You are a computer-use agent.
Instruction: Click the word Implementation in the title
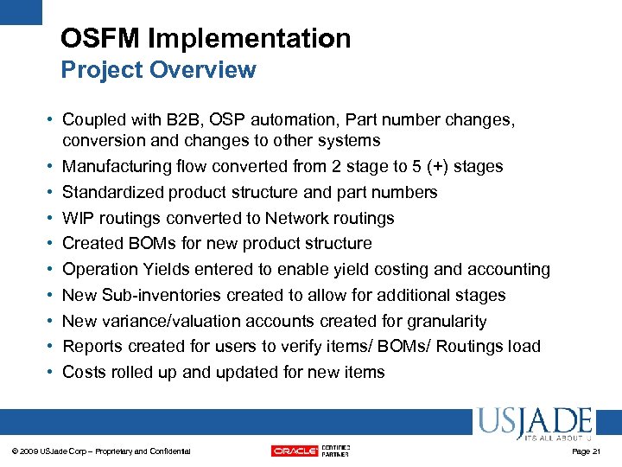click(250, 38)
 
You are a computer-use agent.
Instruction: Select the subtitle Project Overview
click(158, 70)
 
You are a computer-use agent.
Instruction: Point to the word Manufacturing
click(115, 166)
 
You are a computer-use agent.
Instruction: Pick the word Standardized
click(113, 192)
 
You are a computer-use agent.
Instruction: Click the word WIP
click(79, 218)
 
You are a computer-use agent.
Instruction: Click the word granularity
click(443, 321)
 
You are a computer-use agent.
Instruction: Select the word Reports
click(92, 346)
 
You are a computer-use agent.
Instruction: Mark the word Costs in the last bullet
click(84, 372)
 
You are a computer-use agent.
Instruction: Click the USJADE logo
click(533, 423)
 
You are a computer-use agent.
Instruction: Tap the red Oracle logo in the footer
click(295, 451)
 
